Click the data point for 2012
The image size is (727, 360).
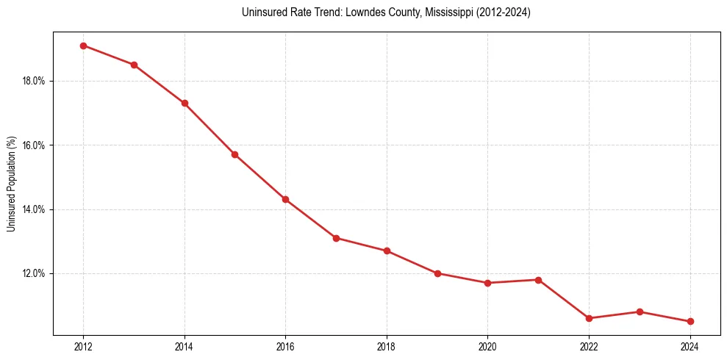(x=83, y=46)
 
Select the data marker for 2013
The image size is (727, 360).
(x=134, y=65)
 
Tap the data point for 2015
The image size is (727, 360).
(x=234, y=154)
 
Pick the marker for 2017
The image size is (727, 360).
(x=336, y=238)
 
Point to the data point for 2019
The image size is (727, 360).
(x=437, y=273)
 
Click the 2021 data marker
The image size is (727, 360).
(x=538, y=280)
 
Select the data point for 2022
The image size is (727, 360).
(x=589, y=318)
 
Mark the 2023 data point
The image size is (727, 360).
(x=640, y=312)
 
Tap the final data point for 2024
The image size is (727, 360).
(x=690, y=321)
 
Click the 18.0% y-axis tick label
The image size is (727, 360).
(x=34, y=81)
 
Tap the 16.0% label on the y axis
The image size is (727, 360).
(x=34, y=145)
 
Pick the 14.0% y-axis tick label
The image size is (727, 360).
(x=34, y=209)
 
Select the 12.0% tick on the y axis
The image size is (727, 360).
(x=34, y=273)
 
